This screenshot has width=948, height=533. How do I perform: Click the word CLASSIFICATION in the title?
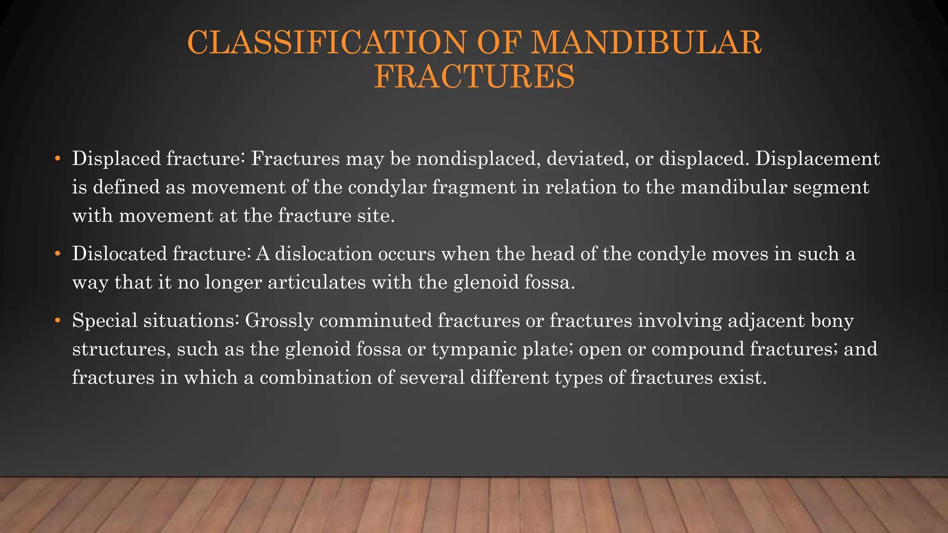(326, 42)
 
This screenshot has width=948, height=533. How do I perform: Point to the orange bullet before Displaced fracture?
(57, 159)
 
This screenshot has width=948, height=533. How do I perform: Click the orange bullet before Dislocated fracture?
(57, 254)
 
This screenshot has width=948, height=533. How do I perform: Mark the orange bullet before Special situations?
(57, 321)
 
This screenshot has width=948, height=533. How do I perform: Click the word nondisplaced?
(478, 159)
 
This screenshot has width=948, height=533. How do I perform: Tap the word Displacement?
(817, 159)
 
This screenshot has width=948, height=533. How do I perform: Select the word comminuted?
(375, 321)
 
